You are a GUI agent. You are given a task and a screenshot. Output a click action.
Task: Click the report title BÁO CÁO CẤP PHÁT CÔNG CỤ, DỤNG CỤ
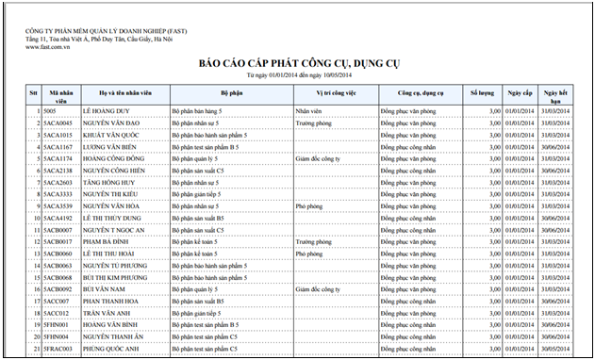coord(298,62)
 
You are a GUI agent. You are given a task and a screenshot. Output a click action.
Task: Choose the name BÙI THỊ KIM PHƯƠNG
coord(118,277)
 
